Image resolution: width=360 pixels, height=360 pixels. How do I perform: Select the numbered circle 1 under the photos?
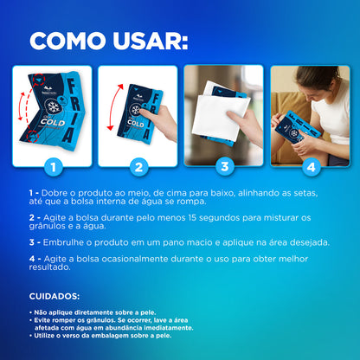pyautogui.click(x=53, y=166)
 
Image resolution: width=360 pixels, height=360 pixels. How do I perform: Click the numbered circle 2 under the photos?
pyautogui.click(x=137, y=166)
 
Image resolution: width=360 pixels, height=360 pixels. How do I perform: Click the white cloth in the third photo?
pyautogui.click(x=219, y=113)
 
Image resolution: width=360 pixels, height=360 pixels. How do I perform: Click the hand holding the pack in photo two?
pyautogui.click(x=163, y=121)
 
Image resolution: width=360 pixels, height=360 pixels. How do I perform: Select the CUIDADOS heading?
pyautogui.click(x=55, y=296)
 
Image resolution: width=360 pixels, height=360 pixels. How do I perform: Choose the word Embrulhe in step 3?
pyautogui.click(x=64, y=243)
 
